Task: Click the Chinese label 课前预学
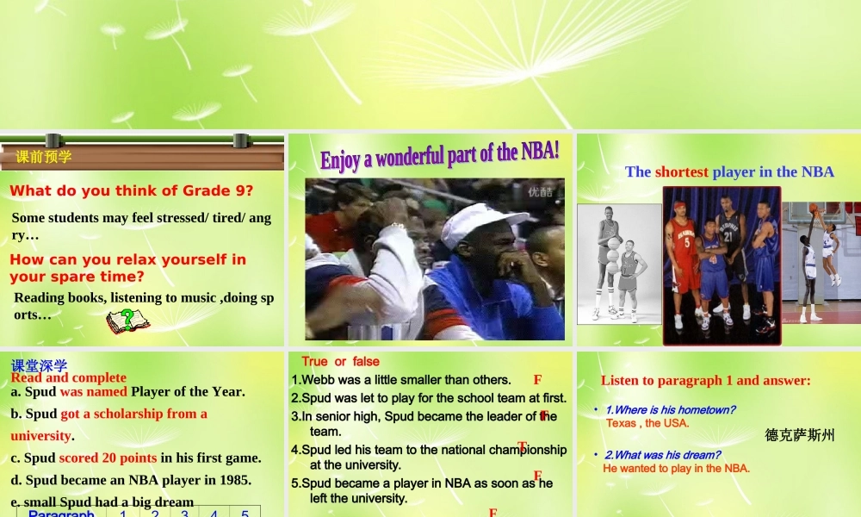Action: pos(44,157)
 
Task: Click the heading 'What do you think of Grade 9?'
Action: pos(132,191)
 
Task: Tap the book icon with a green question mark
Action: pos(127,321)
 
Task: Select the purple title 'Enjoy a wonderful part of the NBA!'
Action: pos(439,156)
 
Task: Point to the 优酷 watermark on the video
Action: pos(541,192)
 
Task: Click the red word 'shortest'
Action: pos(681,171)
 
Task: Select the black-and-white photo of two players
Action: pos(619,264)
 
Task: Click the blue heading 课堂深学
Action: pos(39,365)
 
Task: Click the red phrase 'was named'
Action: pos(93,391)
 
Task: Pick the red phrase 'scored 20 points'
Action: pos(108,458)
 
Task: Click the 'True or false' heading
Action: pos(340,362)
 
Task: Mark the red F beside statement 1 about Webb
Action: pos(537,380)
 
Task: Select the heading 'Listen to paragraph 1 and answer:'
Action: pos(705,380)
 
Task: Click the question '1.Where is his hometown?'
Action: pos(670,410)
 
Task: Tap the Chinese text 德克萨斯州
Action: pos(800,435)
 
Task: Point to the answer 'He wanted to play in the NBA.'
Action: pos(676,469)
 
